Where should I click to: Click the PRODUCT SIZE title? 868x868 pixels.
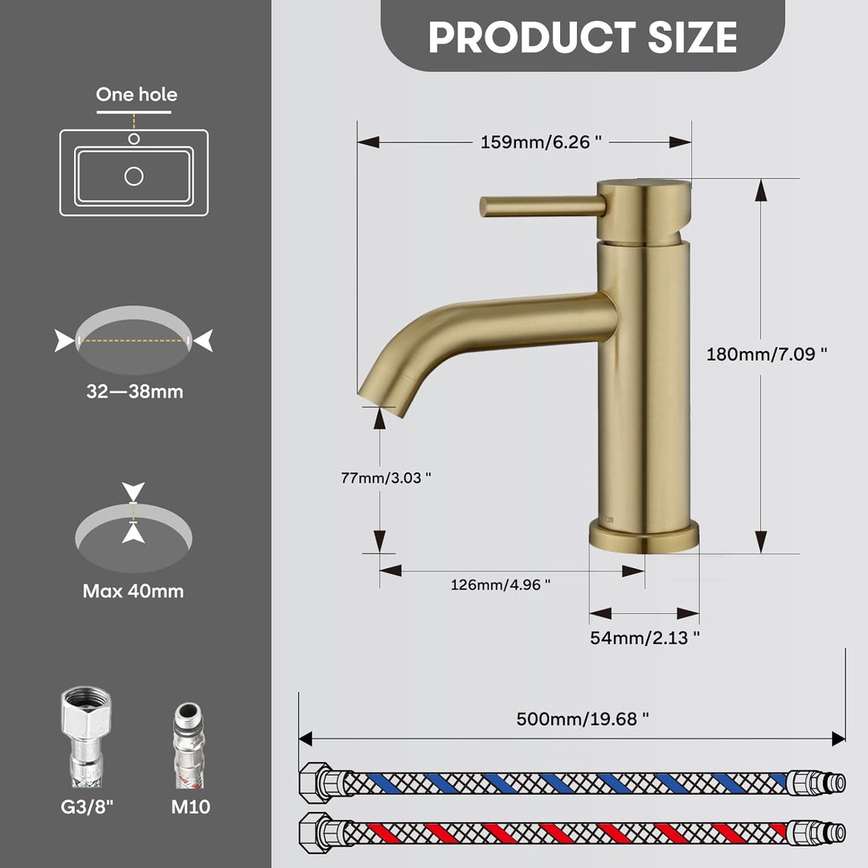[583, 37]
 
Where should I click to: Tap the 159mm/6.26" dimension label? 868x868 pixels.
[541, 142]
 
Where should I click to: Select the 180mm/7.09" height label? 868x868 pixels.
[767, 354]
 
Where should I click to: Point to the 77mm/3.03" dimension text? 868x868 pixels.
[386, 477]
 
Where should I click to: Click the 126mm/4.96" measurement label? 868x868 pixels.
[501, 584]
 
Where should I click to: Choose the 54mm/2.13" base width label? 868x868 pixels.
[645, 637]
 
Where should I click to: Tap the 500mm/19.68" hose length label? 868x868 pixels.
[583, 719]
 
